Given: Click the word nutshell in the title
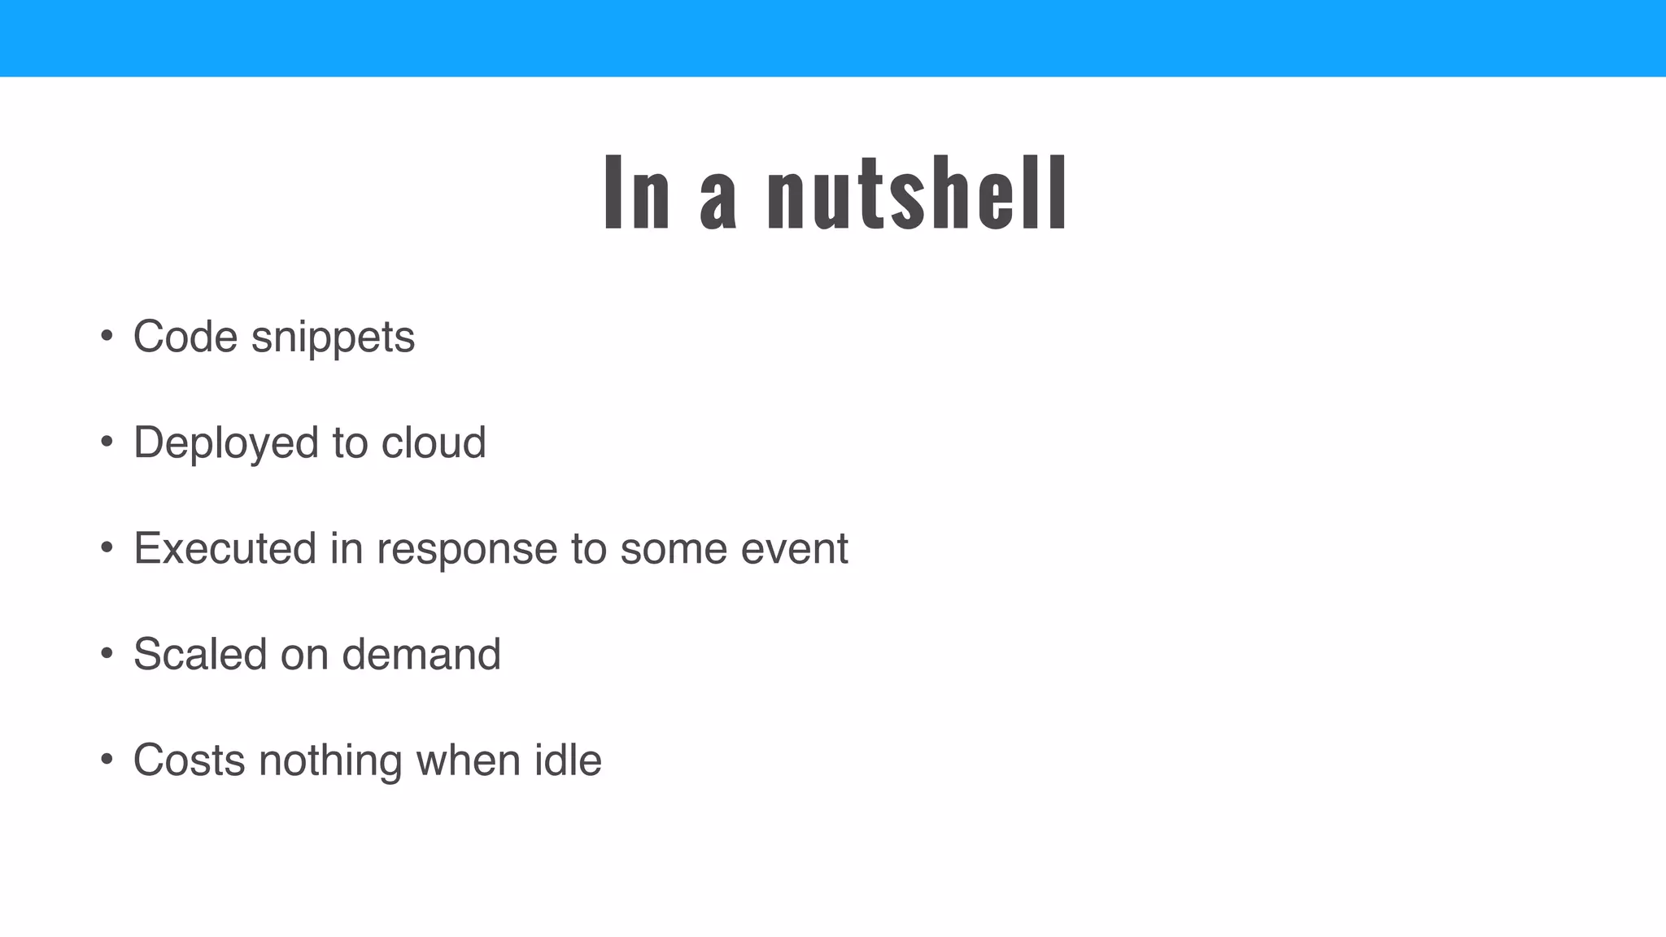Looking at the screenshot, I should (917, 194).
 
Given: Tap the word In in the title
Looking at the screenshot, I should (637, 194).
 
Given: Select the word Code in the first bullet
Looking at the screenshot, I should (185, 337).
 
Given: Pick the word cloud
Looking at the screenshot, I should (434, 442).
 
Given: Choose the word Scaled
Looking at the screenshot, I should (200, 654).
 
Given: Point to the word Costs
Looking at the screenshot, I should (190, 760).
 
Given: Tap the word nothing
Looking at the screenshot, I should (330, 761).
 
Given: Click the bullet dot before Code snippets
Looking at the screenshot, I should (107, 336).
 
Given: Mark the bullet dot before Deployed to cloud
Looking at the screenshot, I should (107, 442).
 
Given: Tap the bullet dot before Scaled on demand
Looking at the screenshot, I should (107, 653).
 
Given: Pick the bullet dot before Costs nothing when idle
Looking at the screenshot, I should (107, 759).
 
